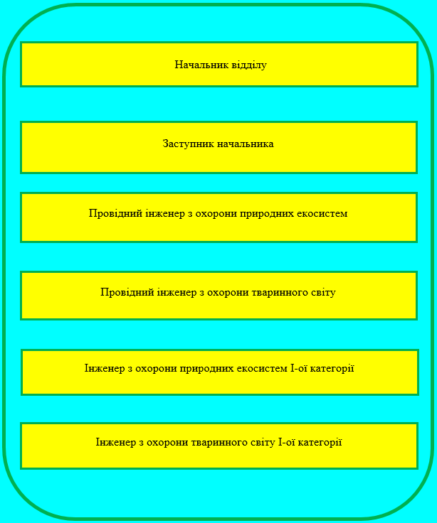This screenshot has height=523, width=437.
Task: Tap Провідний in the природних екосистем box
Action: (x=112, y=213)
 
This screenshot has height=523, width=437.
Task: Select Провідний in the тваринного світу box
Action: (x=124, y=292)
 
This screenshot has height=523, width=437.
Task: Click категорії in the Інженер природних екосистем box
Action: (x=330, y=368)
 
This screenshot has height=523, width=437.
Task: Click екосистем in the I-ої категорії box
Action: (x=261, y=368)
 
